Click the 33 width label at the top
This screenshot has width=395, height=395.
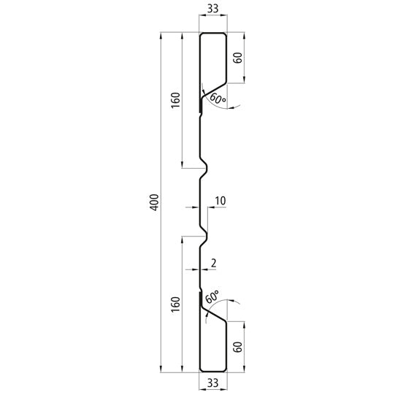[x=212, y=9]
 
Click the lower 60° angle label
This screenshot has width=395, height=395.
[x=212, y=297]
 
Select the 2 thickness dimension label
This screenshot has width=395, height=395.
[x=212, y=261]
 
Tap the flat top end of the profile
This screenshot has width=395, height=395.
[x=212, y=33]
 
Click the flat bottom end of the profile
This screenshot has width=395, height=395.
[x=212, y=369]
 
